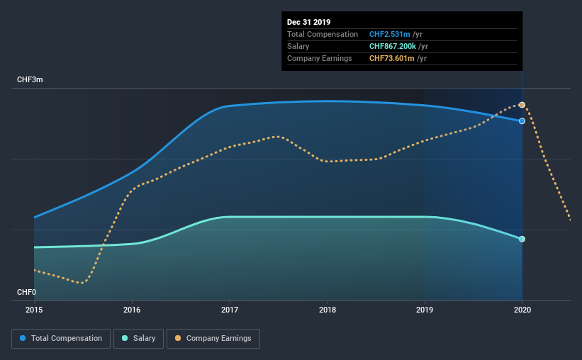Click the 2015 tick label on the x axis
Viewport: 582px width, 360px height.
34,310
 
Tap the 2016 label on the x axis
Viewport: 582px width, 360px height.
132,310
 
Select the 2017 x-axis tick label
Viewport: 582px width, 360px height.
230,310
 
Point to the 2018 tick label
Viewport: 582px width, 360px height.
328,310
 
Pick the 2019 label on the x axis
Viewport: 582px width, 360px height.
425,310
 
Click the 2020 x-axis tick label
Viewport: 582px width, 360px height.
522,310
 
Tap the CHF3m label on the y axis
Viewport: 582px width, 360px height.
30,80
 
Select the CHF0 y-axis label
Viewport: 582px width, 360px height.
26,292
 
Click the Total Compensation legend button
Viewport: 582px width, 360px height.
61,339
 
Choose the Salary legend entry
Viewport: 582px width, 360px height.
138,339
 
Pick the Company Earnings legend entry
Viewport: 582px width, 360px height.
213,339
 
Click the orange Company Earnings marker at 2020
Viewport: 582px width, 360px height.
522,105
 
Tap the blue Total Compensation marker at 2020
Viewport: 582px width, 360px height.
522,121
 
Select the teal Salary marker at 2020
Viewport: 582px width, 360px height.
522,239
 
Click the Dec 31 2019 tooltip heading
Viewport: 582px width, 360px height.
308,22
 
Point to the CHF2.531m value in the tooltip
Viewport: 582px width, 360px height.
389,34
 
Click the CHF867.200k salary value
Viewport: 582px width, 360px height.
392,46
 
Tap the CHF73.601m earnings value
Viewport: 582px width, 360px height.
391,58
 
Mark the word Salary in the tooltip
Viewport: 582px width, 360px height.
298,46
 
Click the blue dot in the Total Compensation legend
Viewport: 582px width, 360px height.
23,338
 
